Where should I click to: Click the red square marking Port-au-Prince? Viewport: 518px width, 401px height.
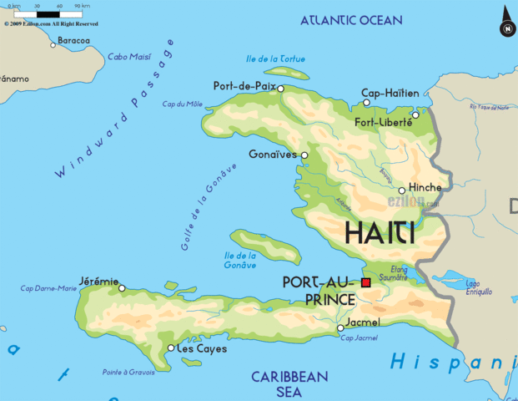click(x=365, y=283)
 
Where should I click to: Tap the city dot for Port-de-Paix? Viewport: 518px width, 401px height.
click(x=280, y=88)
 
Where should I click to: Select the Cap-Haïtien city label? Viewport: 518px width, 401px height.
click(x=389, y=93)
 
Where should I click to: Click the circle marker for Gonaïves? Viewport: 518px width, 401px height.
click(x=304, y=155)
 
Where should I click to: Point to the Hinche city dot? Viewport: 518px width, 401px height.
click(x=401, y=190)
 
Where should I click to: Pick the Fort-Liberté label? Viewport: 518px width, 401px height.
click(x=384, y=122)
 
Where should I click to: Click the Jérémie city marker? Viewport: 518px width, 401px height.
click(x=122, y=288)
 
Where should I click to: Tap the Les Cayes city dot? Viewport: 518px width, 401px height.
click(x=171, y=348)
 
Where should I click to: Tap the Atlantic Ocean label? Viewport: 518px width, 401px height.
click(x=351, y=20)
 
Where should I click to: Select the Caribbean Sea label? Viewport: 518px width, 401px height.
click(x=289, y=383)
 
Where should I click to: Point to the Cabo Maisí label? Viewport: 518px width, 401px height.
click(x=128, y=57)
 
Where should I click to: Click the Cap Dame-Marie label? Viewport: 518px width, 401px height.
click(x=48, y=289)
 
